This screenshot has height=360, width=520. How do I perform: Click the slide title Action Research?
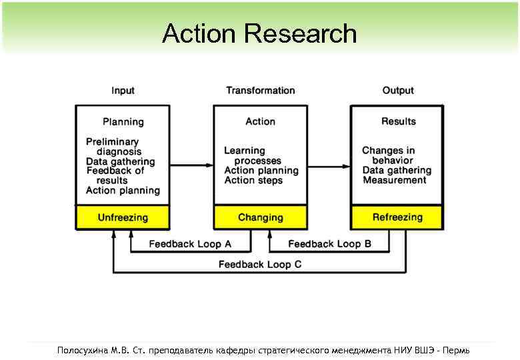[259, 33]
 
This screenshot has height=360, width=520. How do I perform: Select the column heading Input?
[123, 91]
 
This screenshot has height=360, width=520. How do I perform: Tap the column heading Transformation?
[260, 91]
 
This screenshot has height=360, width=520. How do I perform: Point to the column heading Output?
[398, 91]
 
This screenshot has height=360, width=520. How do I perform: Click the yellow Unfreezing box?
[123, 217]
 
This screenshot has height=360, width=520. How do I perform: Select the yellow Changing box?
[260, 217]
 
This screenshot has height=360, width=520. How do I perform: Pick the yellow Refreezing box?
[397, 217]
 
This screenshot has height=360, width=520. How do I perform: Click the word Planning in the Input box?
[123, 122]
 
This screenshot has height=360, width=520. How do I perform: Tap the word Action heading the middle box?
[260, 121]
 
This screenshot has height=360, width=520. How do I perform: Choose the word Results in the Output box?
[398, 121]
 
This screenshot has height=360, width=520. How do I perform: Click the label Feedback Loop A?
[190, 244]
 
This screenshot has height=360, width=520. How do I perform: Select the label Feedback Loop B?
[329, 244]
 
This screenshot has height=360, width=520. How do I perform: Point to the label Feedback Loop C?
[260, 265]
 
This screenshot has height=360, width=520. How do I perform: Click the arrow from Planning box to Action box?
[191, 165]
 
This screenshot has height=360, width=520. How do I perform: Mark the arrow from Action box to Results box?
[329, 165]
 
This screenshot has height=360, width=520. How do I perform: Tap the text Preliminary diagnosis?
[113, 147]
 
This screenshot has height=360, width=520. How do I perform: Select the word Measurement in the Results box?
[395, 180]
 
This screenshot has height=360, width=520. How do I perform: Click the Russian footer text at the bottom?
[263, 349]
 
